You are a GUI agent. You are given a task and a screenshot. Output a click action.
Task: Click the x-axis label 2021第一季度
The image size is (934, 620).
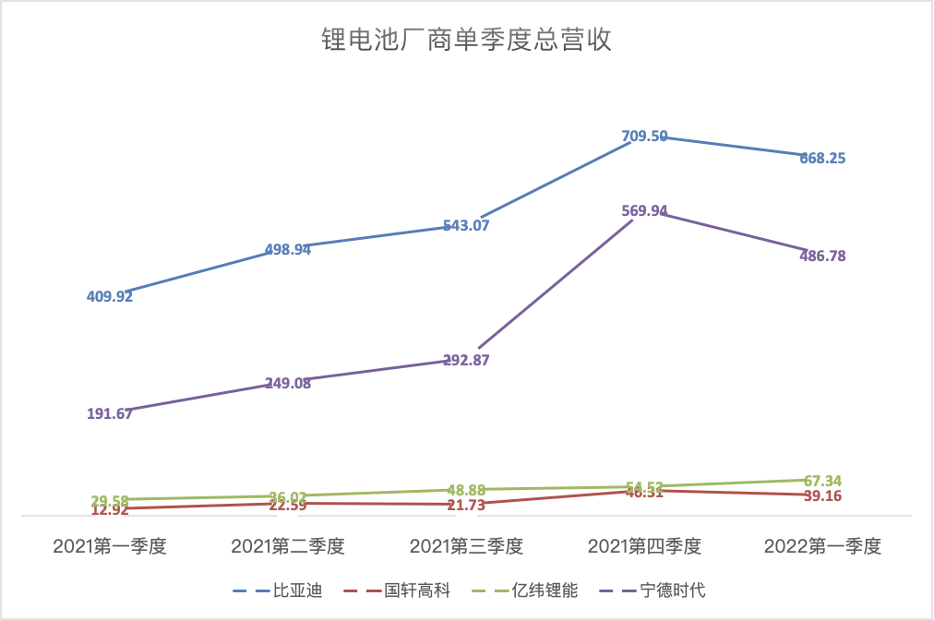click(109, 547)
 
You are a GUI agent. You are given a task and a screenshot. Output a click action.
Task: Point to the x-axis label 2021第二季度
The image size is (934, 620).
click(288, 547)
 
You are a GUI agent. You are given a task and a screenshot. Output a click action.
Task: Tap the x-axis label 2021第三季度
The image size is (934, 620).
click(466, 547)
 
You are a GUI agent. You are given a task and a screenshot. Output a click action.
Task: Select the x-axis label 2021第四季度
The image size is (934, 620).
click(645, 547)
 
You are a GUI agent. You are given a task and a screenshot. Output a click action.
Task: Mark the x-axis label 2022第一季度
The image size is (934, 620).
click(823, 547)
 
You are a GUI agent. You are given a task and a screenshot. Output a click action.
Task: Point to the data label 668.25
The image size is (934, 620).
click(823, 158)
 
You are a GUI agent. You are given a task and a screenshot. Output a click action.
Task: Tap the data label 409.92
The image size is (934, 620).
click(110, 296)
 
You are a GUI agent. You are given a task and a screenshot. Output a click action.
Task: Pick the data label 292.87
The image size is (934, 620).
click(466, 360)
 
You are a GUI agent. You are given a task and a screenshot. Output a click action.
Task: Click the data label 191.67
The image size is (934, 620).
click(110, 413)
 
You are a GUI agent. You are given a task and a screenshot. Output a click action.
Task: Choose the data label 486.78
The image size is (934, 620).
click(823, 256)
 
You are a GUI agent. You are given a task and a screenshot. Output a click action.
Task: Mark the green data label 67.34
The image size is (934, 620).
click(823, 481)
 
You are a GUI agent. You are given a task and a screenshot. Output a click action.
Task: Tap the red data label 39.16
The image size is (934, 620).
click(823, 496)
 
